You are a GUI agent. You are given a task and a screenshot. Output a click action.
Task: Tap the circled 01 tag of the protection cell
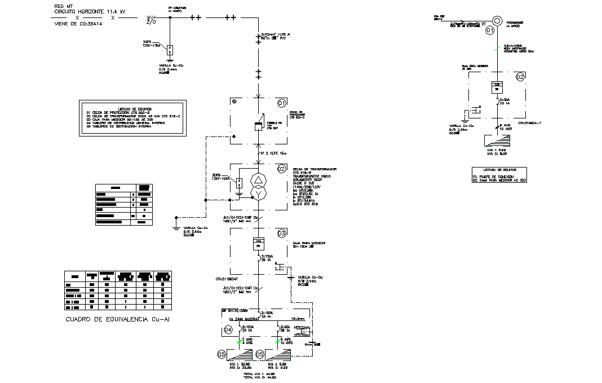[x=282, y=103]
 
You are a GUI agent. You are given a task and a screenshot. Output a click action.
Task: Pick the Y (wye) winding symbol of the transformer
[x=258, y=195]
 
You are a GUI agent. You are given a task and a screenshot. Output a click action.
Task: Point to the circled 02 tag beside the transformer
[x=282, y=169]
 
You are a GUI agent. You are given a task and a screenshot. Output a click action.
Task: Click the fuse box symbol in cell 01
[x=258, y=127]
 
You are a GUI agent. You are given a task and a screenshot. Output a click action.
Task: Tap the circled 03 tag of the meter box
[x=282, y=233]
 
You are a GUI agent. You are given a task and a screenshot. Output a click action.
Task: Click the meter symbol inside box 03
[x=258, y=244]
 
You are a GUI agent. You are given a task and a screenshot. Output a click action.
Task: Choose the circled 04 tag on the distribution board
[x=228, y=329]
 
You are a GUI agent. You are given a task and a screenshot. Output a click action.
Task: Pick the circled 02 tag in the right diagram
[x=520, y=77]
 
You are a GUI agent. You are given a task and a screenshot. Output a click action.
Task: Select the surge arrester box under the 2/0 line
[x=170, y=50]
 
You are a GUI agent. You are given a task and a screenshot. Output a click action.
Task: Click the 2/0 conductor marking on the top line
[x=151, y=20]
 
